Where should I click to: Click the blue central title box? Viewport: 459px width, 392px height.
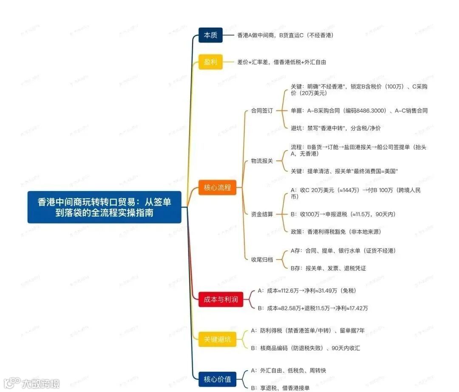coord(104,207)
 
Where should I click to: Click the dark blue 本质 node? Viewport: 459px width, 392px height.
coord(210,35)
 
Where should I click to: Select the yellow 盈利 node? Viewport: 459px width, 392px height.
coord(210,62)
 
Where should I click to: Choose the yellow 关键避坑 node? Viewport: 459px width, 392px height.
coord(217,339)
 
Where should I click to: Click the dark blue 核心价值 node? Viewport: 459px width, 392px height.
coord(217,379)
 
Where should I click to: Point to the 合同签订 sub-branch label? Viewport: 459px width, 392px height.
coord(262,111)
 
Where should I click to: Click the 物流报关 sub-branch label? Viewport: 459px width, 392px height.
coord(262,161)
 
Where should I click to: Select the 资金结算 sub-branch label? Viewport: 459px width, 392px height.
coord(262,214)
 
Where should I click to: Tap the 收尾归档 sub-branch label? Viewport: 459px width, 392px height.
coord(262,259)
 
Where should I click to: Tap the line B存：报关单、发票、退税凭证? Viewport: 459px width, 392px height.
coord(328,268)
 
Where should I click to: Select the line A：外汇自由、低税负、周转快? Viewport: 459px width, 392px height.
coord(289,370)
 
